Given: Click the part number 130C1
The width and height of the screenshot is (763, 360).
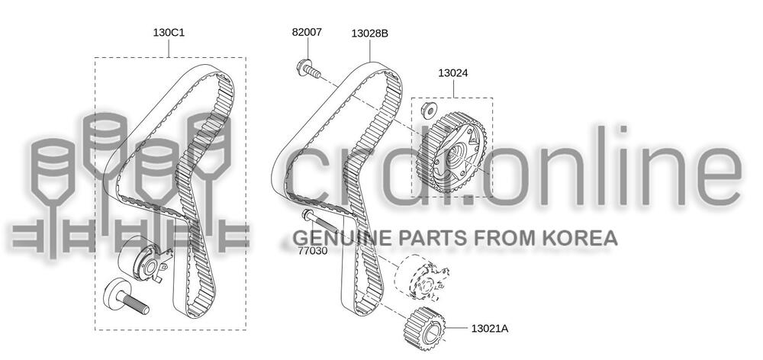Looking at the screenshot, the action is click(169, 33).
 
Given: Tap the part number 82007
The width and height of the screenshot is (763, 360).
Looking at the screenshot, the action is click(307, 32).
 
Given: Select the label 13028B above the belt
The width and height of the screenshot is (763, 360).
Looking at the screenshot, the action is click(370, 34).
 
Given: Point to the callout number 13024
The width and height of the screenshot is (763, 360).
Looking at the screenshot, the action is click(453, 73).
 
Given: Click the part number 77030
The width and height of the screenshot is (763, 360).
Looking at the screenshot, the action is click(313, 251).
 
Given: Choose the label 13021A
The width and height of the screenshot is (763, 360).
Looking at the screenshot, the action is click(490, 329).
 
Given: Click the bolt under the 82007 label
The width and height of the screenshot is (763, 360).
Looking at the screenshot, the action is click(308, 69).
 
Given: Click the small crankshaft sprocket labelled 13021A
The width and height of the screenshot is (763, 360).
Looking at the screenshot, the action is click(425, 329).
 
